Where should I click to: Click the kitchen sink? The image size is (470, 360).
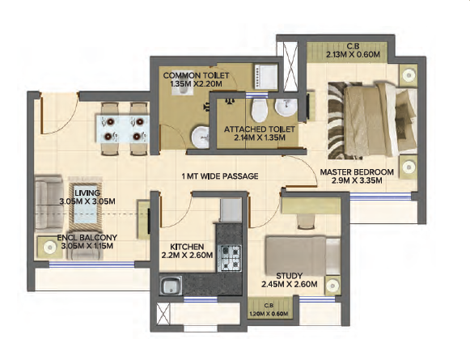(x=171, y=285)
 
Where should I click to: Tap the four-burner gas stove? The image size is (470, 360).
(x=231, y=258)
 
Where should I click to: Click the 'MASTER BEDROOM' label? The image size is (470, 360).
(x=357, y=172)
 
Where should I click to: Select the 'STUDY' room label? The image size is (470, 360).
(x=290, y=276)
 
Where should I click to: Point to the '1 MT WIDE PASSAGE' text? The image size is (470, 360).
(x=220, y=176)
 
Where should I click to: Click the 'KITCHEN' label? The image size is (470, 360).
(x=187, y=247)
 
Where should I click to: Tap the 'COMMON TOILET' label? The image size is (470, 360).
(x=196, y=75)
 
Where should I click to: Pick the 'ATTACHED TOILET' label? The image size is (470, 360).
(x=260, y=129)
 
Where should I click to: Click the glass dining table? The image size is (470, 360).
(x=123, y=129)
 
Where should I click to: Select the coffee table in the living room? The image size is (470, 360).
(x=86, y=204)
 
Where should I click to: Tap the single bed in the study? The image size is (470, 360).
(x=303, y=256)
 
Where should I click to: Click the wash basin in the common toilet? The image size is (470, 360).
(x=201, y=138)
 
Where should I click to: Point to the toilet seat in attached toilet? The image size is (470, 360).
(x=260, y=110)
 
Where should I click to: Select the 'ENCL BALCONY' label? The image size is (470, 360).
(x=87, y=238)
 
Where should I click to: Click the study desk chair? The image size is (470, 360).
(x=306, y=221)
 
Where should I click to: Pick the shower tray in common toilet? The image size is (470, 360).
(x=266, y=76)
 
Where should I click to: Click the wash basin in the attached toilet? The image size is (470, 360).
(x=286, y=108)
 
